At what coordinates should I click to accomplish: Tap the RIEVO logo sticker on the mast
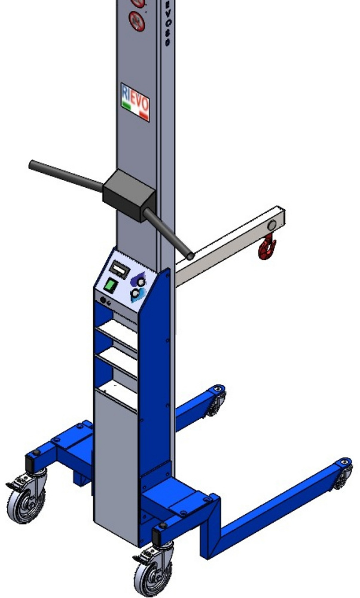pyautogui.click(x=135, y=102)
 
